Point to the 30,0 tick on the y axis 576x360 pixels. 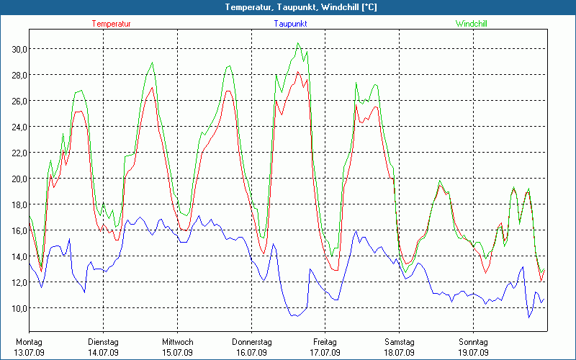pos(16,49)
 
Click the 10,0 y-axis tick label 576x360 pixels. pos(16,308)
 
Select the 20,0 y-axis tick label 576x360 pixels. pos(16,179)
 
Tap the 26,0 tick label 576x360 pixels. pos(16,101)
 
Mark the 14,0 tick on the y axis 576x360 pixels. pos(16,256)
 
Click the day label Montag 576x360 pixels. pos(30,342)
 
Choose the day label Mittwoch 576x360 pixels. pos(177,342)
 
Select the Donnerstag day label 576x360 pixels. pos(251,342)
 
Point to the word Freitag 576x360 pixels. pos(325,342)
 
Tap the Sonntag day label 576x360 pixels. pos(474,342)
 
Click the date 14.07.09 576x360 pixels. pos(104,352)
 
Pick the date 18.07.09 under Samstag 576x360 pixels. pos(400,352)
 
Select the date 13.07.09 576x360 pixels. pos(30,352)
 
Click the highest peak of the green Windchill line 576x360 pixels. pos(297,43)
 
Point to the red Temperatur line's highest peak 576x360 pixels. pos(298,71)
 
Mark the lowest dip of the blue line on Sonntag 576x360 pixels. pos(529,318)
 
